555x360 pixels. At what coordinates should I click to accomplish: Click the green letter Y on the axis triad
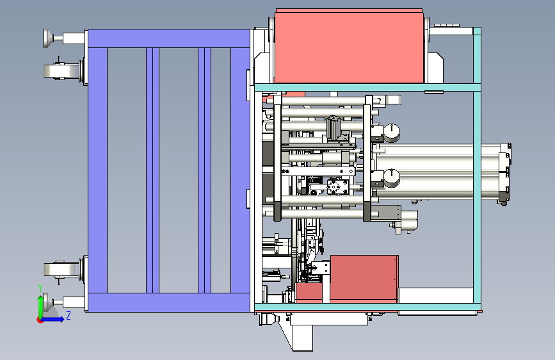pyautogui.click(x=40, y=288)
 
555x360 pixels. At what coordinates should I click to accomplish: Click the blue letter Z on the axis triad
pyautogui.click(x=68, y=315)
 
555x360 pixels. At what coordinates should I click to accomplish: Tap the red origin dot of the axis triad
pyautogui.click(x=39, y=320)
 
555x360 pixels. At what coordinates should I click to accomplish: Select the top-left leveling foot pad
pyautogui.click(x=47, y=38)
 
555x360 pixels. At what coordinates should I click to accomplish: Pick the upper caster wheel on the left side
pyautogui.click(x=61, y=71)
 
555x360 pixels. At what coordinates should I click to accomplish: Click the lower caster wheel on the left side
pyautogui.click(x=61, y=270)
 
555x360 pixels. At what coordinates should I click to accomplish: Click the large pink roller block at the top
pyautogui.click(x=349, y=46)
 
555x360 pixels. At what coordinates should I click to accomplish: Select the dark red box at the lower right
pyautogui.click(x=364, y=279)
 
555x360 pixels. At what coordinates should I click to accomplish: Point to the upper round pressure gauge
pyautogui.click(x=392, y=132)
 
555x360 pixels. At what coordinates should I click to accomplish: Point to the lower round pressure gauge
pyautogui.click(x=392, y=177)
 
